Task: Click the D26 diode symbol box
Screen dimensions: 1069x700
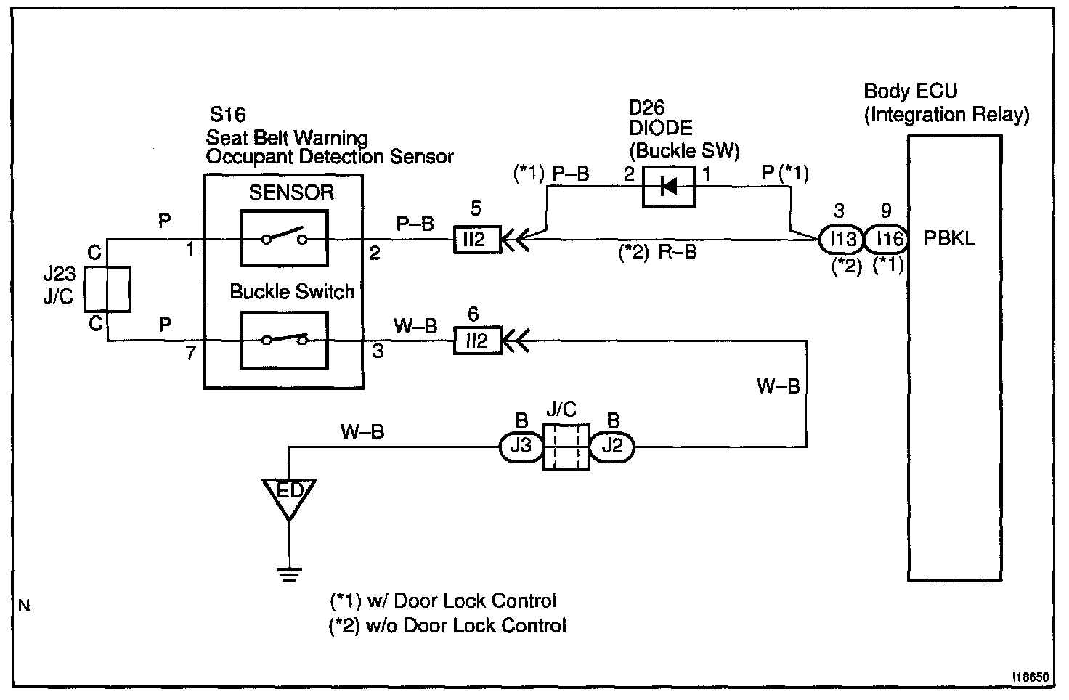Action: pyautogui.click(x=669, y=187)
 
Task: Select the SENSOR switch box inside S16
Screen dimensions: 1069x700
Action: pyautogui.click(x=284, y=238)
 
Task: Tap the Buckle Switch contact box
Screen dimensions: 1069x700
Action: pyautogui.click(x=284, y=341)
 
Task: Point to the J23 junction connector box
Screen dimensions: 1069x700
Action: pyautogui.click(x=107, y=289)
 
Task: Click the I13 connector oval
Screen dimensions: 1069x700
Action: pyautogui.click(x=842, y=239)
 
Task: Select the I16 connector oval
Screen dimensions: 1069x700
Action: pyautogui.click(x=887, y=239)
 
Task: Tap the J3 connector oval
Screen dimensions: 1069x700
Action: pyautogui.click(x=521, y=447)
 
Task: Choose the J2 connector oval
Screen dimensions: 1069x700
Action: pyautogui.click(x=612, y=447)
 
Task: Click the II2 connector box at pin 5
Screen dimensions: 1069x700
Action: pyautogui.click(x=476, y=240)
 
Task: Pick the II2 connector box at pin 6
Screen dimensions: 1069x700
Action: pyautogui.click(x=476, y=341)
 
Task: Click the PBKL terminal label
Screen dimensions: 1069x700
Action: pyautogui.click(x=949, y=238)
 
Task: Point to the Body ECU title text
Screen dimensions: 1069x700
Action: pyautogui.click(x=910, y=91)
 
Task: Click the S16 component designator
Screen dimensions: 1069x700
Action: pyautogui.click(x=227, y=115)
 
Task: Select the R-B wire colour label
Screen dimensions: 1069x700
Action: pyautogui.click(x=677, y=252)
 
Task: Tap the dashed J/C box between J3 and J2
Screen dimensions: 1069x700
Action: pyautogui.click(x=566, y=447)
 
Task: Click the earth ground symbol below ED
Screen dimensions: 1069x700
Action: pyautogui.click(x=289, y=574)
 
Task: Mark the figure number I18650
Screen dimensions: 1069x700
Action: pyautogui.click(x=1031, y=677)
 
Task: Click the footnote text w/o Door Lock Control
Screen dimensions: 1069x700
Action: pyautogui.click(x=466, y=625)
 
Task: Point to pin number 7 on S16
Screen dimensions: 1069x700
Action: pyautogui.click(x=191, y=353)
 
